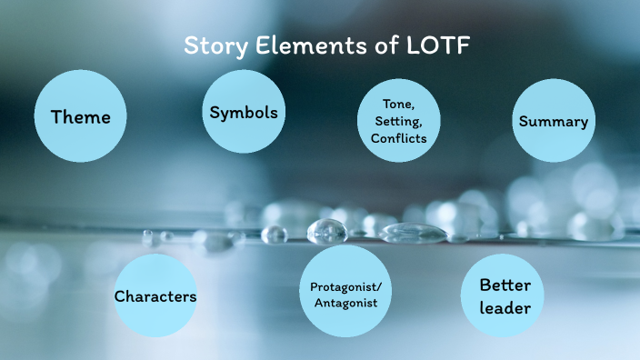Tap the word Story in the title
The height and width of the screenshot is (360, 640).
pos(211,45)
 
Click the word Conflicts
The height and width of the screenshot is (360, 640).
pos(398,138)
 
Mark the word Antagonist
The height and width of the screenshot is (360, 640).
pos(345,302)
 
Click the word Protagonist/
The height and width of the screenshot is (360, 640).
pos(345,286)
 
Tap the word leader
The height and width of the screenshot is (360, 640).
pos(505,307)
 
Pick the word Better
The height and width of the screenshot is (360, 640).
pos(505,285)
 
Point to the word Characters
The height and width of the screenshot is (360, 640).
pos(155,296)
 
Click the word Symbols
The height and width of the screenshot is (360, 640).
pos(243,113)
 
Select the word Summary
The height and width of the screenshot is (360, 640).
pos(553,122)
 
